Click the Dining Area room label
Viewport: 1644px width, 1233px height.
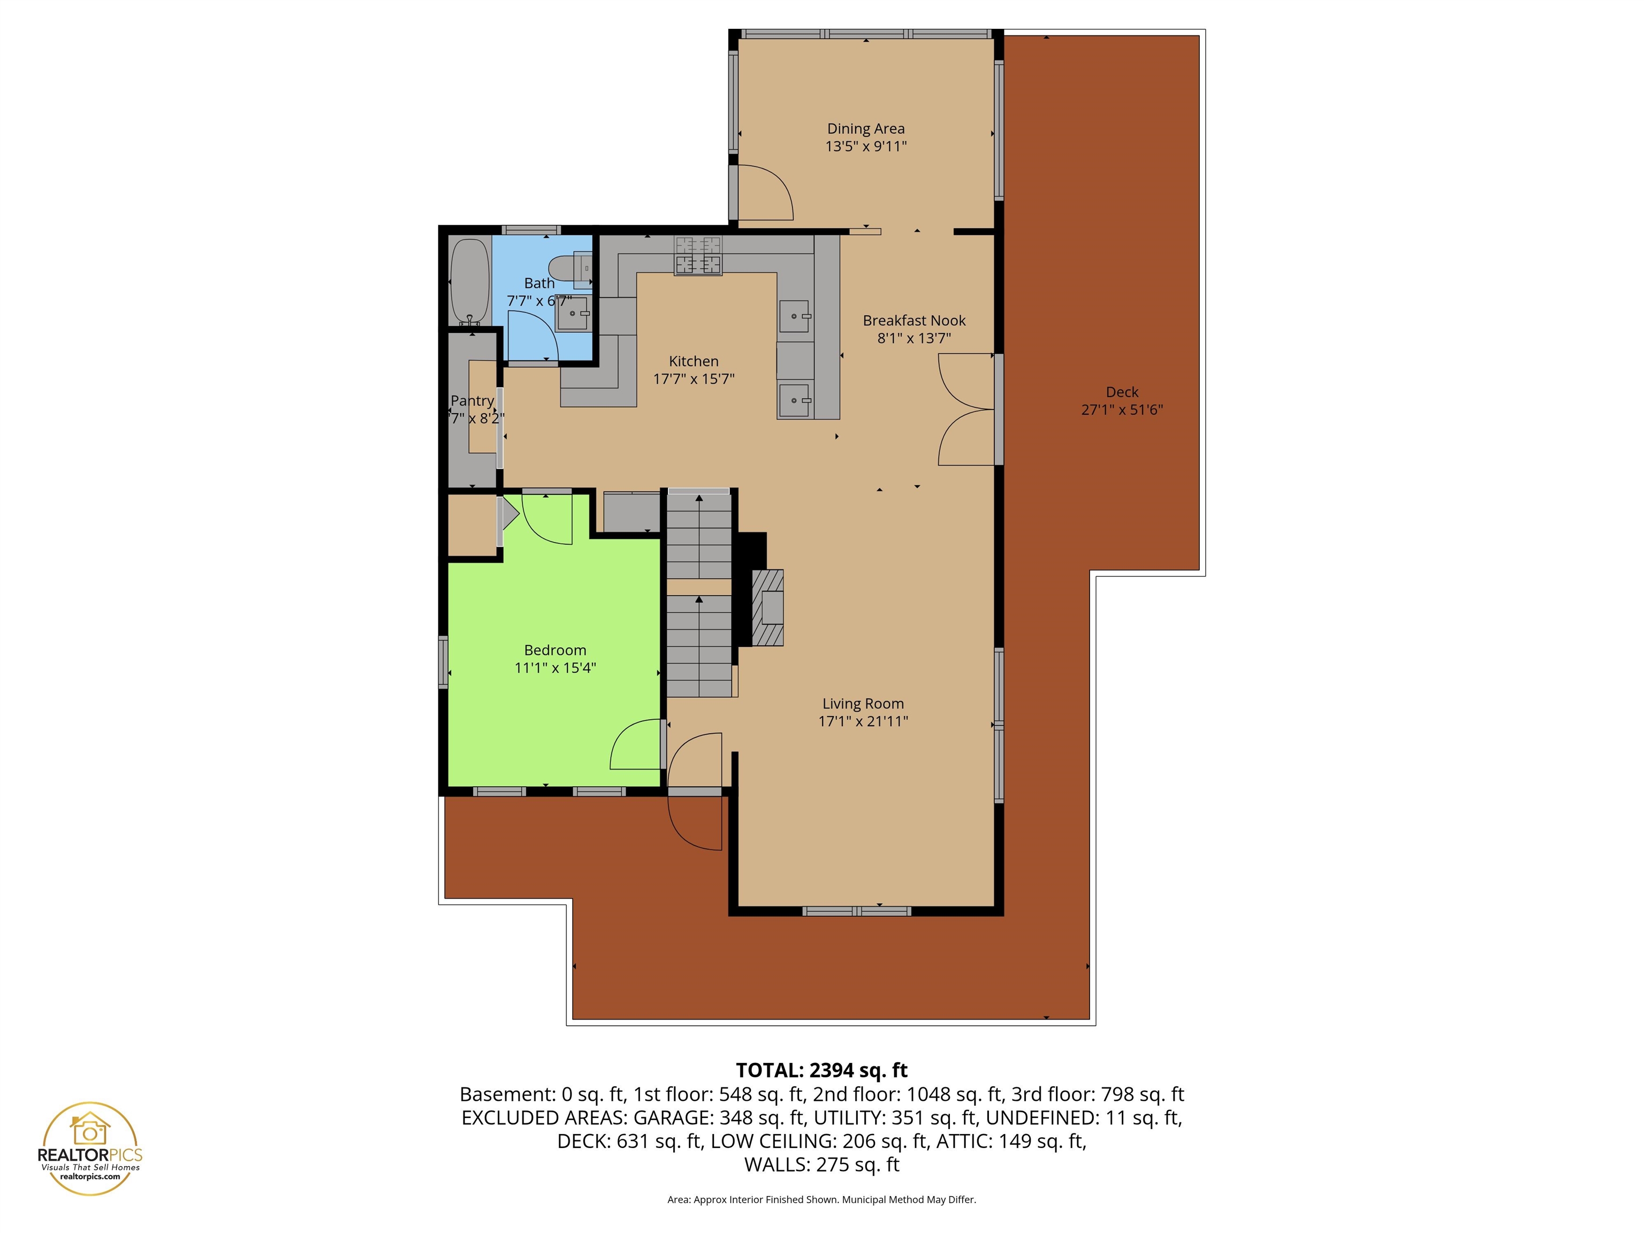coord(866,128)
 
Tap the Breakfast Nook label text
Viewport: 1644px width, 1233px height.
coord(914,321)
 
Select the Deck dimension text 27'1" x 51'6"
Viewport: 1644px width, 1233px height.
coord(1122,409)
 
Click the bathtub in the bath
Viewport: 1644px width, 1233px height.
coord(470,281)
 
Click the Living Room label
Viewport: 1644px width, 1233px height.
coord(863,703)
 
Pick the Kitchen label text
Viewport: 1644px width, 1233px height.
coord(694,361)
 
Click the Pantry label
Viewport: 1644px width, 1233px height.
coord(472,401)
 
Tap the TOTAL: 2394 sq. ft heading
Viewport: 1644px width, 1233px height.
coord(821,1070)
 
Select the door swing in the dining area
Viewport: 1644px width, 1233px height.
coord(765,192)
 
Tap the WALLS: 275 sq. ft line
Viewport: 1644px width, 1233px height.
coord(821,1164)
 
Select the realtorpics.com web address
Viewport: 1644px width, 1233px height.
coord(90,1176)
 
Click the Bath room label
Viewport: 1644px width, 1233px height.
coord(539,283)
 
